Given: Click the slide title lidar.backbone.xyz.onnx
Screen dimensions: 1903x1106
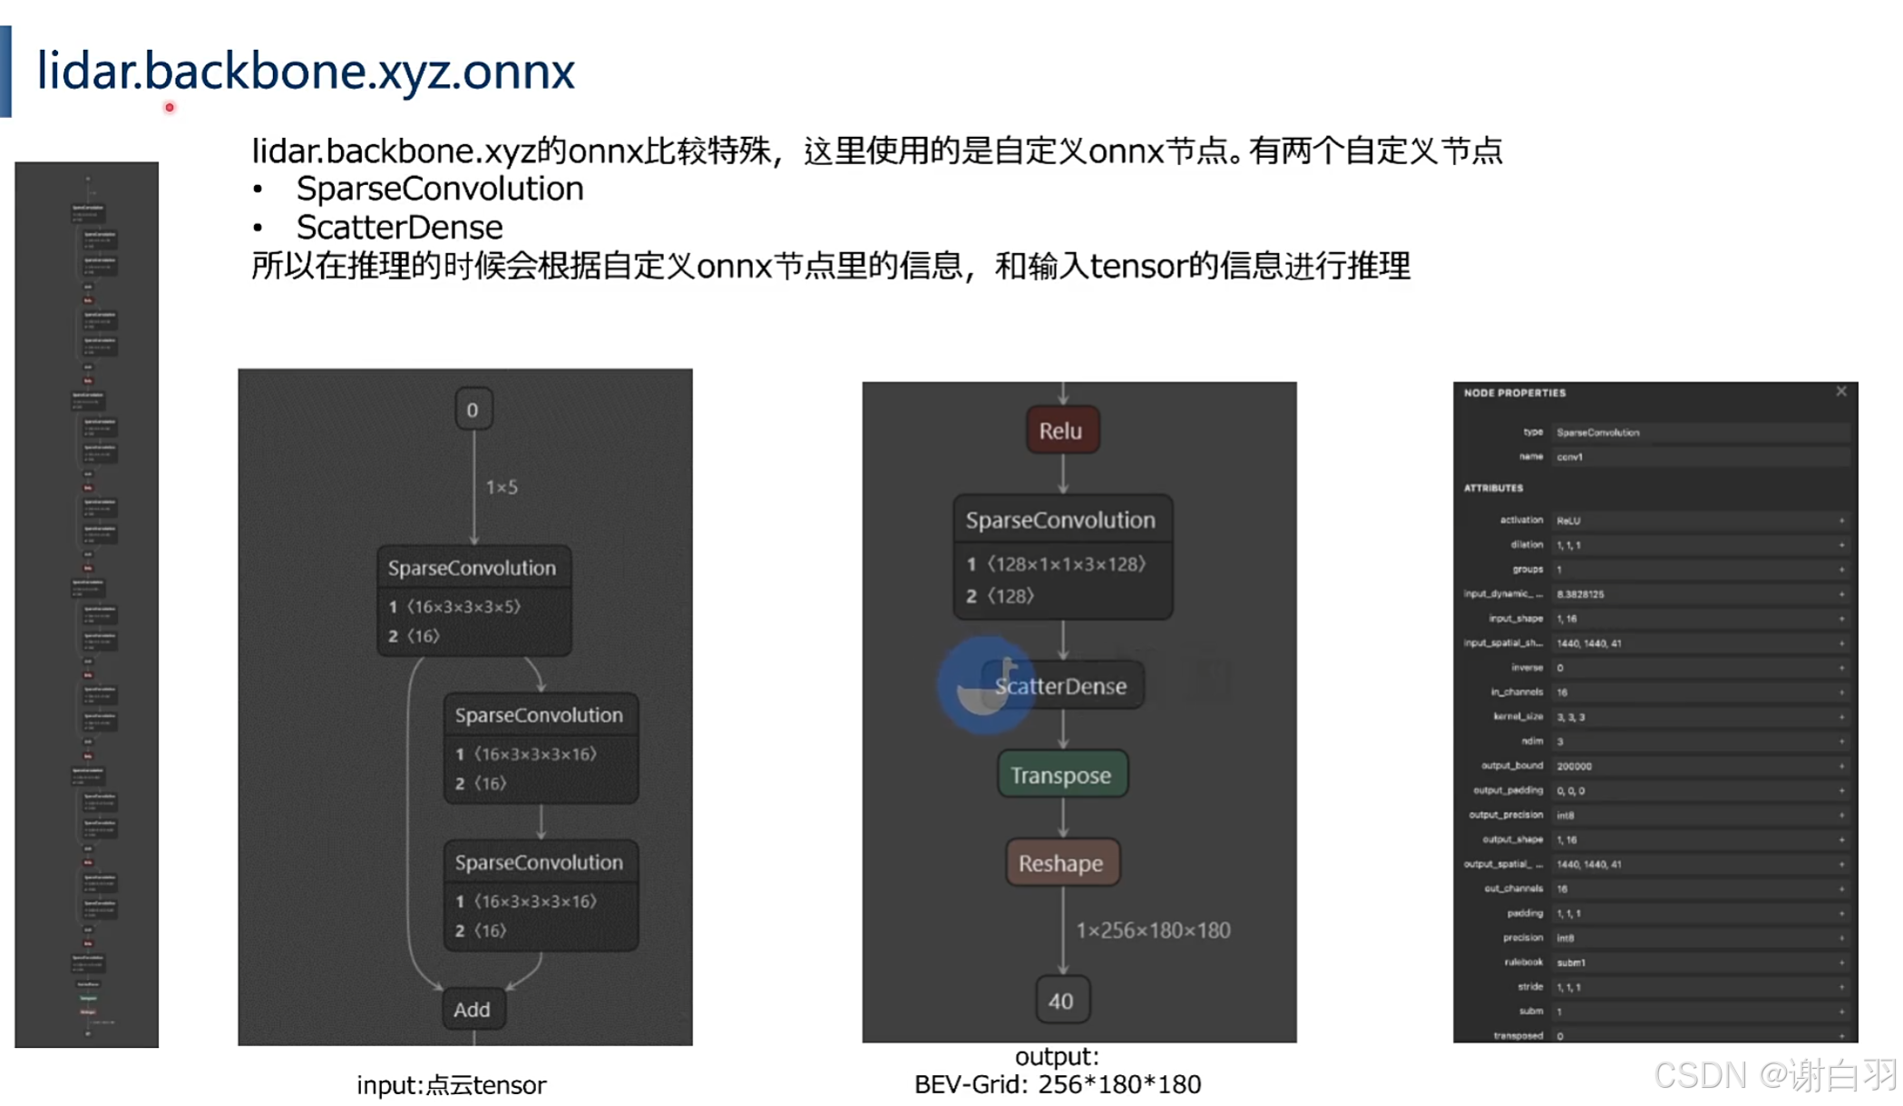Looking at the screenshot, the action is tap(306, 71).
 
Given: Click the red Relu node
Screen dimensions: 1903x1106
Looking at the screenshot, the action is tap(1061, 430).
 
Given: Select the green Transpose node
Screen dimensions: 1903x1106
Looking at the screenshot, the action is tap(1061, 775).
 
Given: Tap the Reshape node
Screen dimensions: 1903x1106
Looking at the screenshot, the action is tap(1061, 863).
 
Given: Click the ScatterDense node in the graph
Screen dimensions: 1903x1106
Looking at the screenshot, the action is tap(1061, 686).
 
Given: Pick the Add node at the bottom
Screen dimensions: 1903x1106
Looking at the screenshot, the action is tap(472, 1009).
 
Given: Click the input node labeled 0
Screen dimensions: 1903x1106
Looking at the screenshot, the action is tap(473, 410).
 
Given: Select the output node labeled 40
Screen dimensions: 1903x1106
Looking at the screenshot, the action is tap(1061, 1001).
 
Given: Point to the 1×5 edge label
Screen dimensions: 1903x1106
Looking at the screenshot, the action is tap(502, 487).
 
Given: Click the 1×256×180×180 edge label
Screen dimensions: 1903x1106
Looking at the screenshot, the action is tap(1153, 930).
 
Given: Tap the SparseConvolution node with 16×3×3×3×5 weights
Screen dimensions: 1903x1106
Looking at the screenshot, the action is tap(473, 600).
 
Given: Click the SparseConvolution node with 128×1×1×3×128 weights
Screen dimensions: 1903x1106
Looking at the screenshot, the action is tap(1061, 556).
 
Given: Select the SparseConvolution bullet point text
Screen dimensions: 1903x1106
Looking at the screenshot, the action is tap(440, 189).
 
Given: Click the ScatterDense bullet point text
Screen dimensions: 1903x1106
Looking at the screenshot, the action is tap(399, 227).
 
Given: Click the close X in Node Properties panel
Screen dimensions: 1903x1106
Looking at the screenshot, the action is tap(1840, 392).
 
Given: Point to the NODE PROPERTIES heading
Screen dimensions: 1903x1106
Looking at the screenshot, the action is tap(1514, 393).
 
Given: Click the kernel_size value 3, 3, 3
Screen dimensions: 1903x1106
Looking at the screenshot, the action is tap(1570, 717).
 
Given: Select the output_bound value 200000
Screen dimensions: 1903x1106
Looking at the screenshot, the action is tap(1574, 766).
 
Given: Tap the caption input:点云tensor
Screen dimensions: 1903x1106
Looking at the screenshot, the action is tap(451, 1084).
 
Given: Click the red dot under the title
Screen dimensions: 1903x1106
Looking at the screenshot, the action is tap(170, 108).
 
